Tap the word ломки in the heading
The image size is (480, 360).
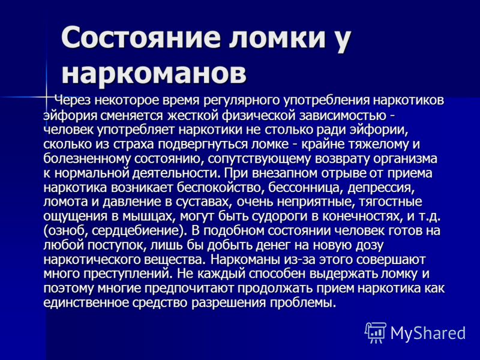(x=276, y=37)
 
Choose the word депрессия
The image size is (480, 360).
(x=381, y=188)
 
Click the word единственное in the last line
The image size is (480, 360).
(x=85, y=303)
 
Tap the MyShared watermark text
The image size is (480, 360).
(x=428, y=332)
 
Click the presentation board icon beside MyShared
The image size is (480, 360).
(x=376, y=332)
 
